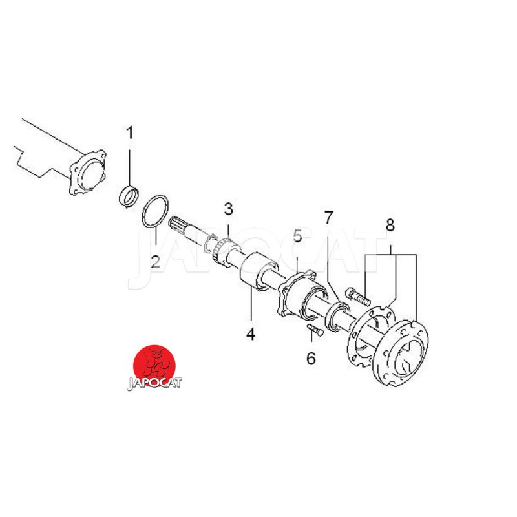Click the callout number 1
tap(130, 132)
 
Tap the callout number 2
tap(155, 262)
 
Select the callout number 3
tap(229, 209)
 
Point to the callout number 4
tap(251, 333)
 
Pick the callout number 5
tap(297, 236)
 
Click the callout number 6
tap(311, 359)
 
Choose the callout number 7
tap(328, 218)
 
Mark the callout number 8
tap(390, 226)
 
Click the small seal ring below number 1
tap(128, 197)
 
